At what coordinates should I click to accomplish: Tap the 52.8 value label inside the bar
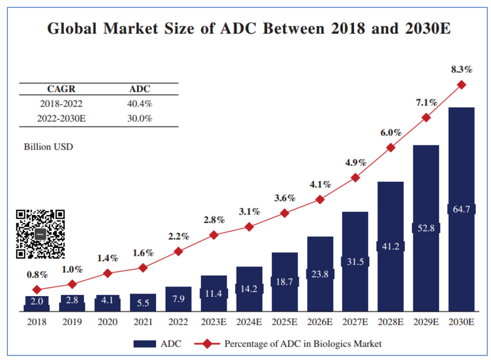[426, 228]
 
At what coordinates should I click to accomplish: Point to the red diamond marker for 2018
[37, 290]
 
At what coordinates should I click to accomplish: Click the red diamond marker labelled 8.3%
[461, 85]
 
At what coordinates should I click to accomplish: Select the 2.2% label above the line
[178, 236]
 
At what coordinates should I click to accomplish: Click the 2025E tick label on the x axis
[285, 322]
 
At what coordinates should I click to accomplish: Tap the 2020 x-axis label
[107, 322]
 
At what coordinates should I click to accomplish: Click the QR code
[40, 234]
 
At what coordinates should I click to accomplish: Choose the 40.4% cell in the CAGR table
[140, 104]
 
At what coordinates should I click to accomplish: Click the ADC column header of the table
[140, 89]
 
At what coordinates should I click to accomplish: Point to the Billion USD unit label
[48, 147]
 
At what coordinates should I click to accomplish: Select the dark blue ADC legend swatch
[145, 344]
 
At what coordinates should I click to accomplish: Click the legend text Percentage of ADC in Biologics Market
[303, 344]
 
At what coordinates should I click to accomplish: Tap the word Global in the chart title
[72, 29]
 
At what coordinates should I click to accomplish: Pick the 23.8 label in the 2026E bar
[320, 274]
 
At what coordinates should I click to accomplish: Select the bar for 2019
[72, 303]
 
